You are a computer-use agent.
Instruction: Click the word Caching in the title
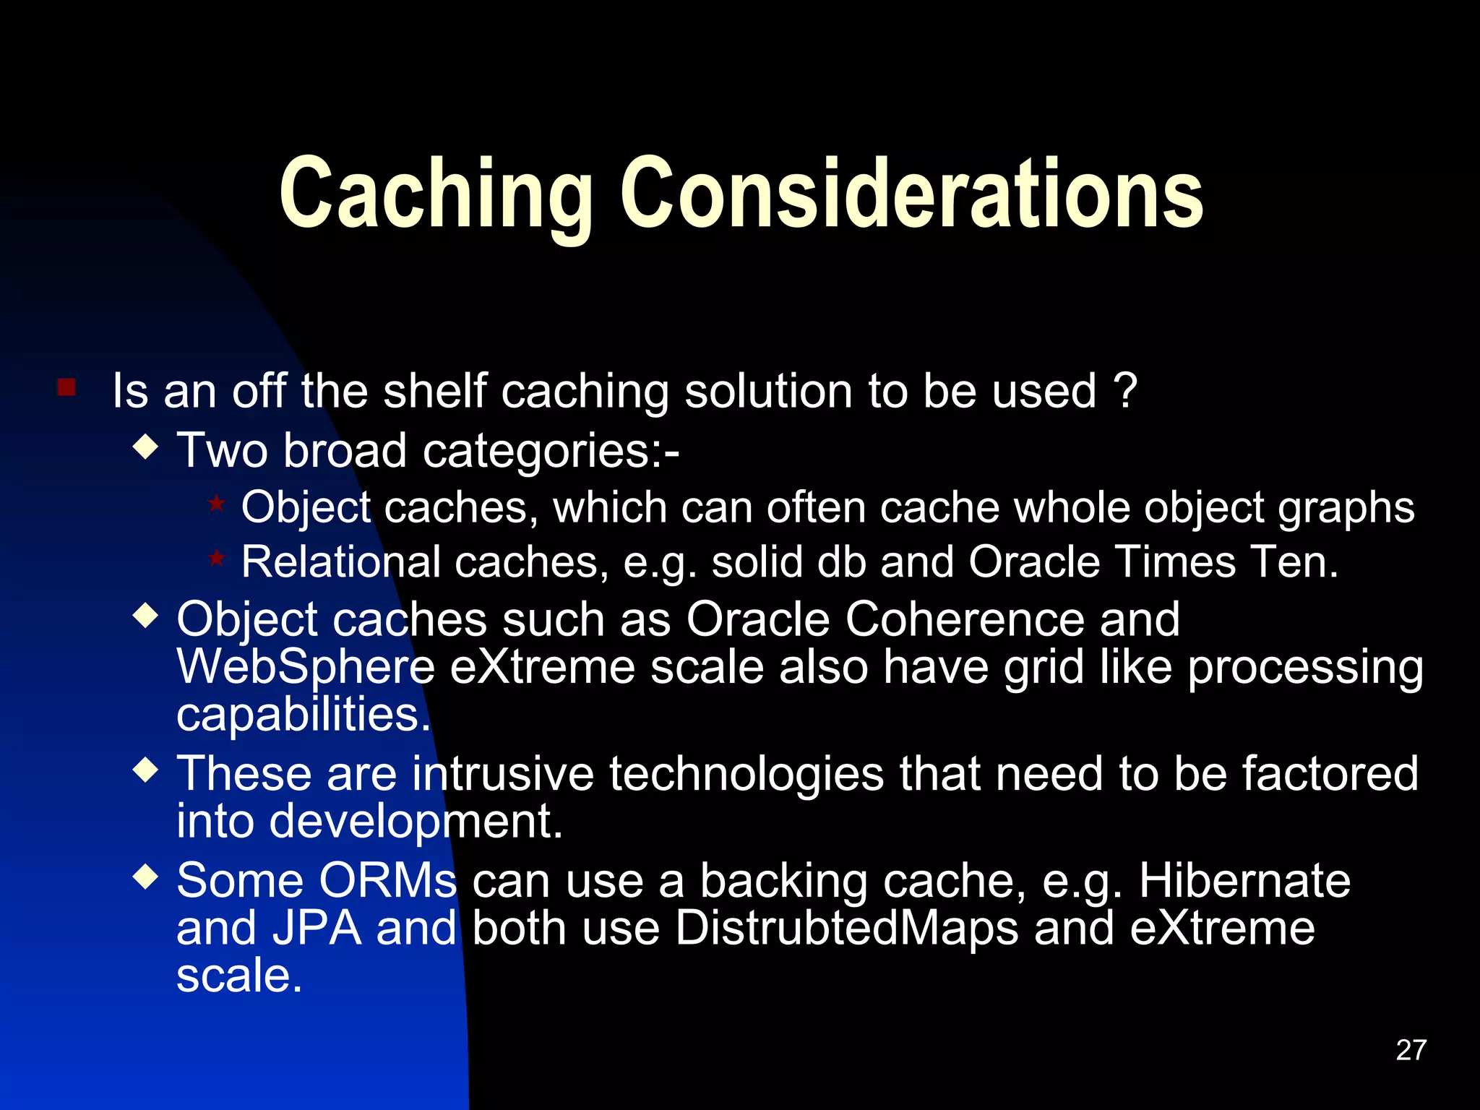[436, 194]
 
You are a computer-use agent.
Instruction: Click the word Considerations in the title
[912, 194]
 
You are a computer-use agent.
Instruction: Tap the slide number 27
[1411, 1050]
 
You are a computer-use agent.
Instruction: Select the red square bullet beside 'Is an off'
[66, 388]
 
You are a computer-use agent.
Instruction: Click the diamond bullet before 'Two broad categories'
[146, 447]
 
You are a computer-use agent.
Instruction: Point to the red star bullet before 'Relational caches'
[216, 558]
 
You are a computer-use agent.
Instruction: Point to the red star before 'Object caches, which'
[216, 502]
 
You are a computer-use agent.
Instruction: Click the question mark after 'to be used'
[1126, 391]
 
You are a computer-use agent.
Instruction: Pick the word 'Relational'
[341, 562]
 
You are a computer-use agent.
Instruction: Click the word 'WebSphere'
[306, 667]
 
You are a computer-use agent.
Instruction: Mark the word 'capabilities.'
[304, 715]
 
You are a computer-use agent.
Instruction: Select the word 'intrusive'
[503, 773]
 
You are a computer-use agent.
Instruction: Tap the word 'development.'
[416, 822]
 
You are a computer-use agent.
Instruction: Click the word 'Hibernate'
[1244, 880]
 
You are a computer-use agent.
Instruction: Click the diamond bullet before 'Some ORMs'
[146, 877]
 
